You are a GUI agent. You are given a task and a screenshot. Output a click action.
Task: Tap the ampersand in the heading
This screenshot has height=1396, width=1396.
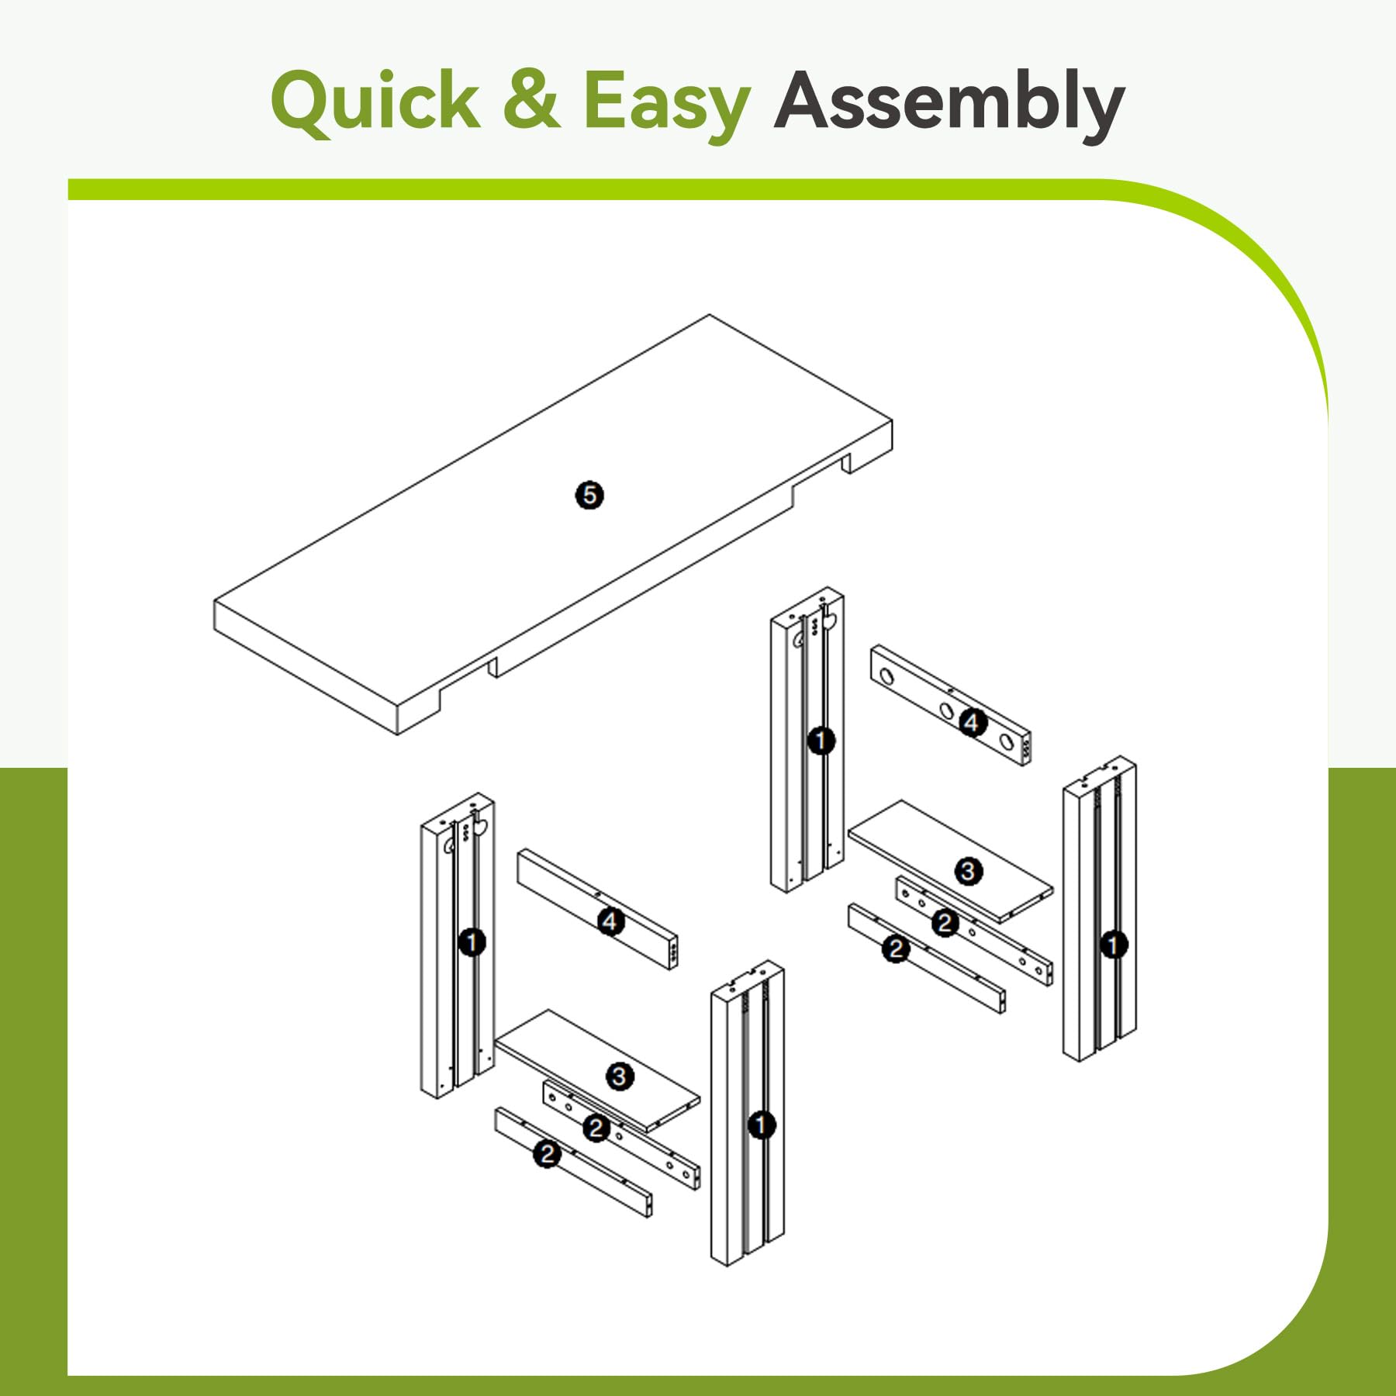point(531,99)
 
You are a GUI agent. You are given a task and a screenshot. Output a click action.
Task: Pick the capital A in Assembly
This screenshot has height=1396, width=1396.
point(807,99)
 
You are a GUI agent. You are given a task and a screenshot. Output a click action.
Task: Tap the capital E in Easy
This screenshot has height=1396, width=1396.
point(606,99)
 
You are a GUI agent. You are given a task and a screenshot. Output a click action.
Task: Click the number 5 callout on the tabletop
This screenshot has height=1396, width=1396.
point(589,495)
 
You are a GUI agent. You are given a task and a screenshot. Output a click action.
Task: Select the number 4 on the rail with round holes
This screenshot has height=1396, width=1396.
point(973,723)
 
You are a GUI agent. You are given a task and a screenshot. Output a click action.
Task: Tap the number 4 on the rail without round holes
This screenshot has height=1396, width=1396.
point(610,921)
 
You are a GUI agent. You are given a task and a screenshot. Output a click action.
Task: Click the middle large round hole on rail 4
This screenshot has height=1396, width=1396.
point(945,710)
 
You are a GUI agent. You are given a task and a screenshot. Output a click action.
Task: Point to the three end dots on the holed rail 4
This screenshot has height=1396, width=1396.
point(1026,750)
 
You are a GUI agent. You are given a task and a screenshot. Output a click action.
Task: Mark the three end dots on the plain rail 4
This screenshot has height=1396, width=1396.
point(673,952)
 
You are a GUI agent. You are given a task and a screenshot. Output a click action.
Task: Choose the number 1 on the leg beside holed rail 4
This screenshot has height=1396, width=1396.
point(821,741)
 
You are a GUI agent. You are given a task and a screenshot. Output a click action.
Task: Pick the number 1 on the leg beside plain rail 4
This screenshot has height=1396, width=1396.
point(472,943)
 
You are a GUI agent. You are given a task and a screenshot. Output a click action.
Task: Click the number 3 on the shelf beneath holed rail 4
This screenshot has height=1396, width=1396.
point(967,872)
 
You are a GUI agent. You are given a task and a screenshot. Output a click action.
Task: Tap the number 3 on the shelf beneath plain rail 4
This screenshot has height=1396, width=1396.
point(619,1076)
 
